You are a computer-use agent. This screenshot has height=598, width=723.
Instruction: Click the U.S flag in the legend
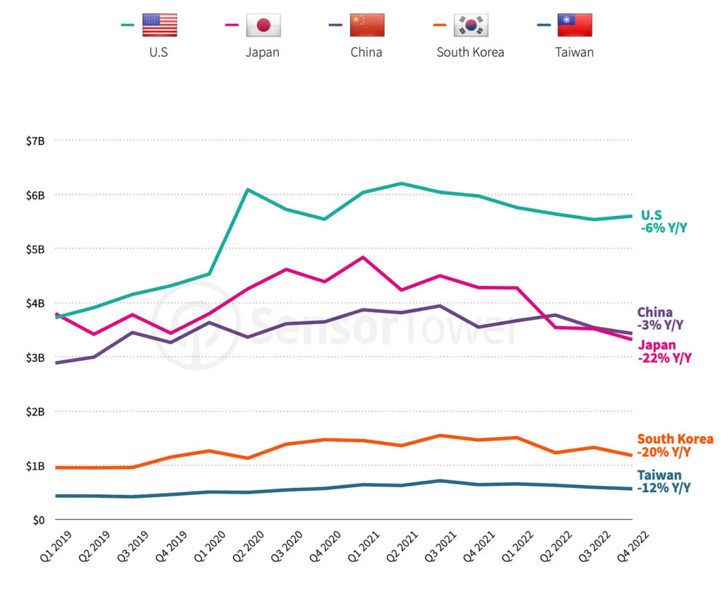coord(160,25)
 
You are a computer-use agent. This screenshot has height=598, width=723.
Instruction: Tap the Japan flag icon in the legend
coord(263,25)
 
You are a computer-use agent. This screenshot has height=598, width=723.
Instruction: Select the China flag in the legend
coord(367,25)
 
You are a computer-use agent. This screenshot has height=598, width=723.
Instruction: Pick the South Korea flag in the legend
coord(471,25)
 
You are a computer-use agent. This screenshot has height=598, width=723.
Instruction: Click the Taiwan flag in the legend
coord(575,25)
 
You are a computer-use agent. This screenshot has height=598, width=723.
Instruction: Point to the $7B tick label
coord(34,140)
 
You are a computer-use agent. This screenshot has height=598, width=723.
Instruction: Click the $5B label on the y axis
coord(34,249)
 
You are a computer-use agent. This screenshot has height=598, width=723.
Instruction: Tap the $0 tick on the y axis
coord(38,520)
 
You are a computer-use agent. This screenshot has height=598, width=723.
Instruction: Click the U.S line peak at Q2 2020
coord(247,189)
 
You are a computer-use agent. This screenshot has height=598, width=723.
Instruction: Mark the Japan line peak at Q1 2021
coord(362,257)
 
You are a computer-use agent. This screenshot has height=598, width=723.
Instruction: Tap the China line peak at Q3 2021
coord(439,306)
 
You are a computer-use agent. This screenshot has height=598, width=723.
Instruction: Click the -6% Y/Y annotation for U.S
coord(664,228)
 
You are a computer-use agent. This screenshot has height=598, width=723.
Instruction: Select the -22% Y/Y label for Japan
coord(666,358)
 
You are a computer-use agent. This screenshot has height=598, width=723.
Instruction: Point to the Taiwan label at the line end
coord(659,475)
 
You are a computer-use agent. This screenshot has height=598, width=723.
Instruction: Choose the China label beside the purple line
coord(655,312)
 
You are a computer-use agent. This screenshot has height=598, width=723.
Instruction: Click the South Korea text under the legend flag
coord(470,52)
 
